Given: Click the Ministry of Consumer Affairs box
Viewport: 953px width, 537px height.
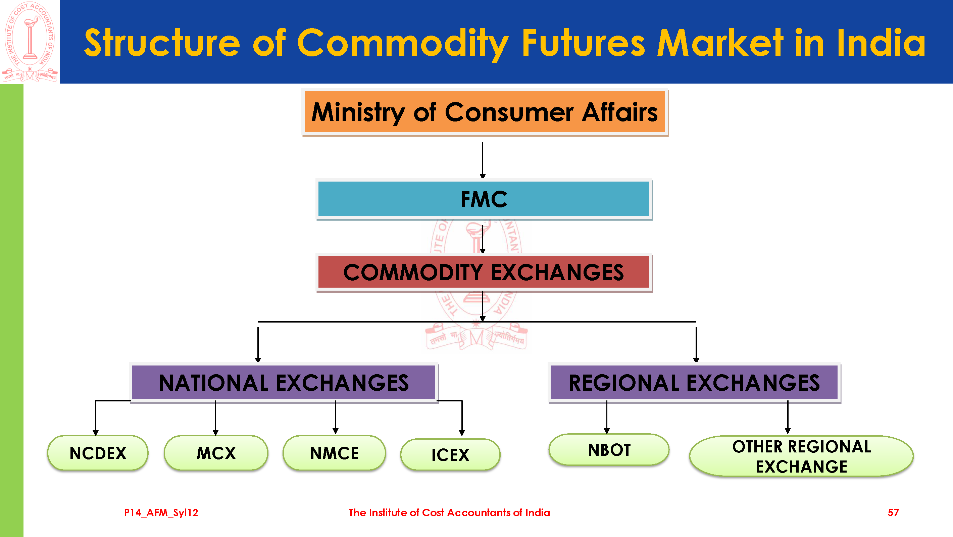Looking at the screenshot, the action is pos(485,112).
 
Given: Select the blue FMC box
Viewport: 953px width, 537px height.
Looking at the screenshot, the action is pos(484,199).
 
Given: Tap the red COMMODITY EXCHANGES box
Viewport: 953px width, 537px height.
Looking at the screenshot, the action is pos(484,273).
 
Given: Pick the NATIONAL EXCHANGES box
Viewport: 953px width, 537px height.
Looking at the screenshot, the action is pos(284,383).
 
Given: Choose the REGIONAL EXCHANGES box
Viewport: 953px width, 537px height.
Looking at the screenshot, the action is pos(694,383).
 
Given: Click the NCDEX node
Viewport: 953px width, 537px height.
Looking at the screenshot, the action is pos(98,453).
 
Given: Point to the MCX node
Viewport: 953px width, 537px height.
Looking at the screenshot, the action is pos(216,453).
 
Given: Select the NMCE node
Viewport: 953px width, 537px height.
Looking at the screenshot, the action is pos(335,453).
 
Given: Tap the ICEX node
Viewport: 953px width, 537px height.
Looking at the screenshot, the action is pos(450,454).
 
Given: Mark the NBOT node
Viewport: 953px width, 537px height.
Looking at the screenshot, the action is pos(609,450).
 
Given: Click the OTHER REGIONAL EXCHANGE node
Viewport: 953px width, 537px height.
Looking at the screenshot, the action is pos(801,456).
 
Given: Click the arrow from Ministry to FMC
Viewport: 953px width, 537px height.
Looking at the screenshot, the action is pos(483,160).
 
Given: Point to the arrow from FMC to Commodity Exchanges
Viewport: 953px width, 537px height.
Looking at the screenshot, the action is pos(483,239).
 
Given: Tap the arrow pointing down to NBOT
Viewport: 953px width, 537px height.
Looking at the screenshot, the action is pos(607,418).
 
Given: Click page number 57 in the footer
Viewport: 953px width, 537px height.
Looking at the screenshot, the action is pos(893,512).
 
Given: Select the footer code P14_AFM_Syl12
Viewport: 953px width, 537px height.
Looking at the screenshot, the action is pos(161,512).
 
